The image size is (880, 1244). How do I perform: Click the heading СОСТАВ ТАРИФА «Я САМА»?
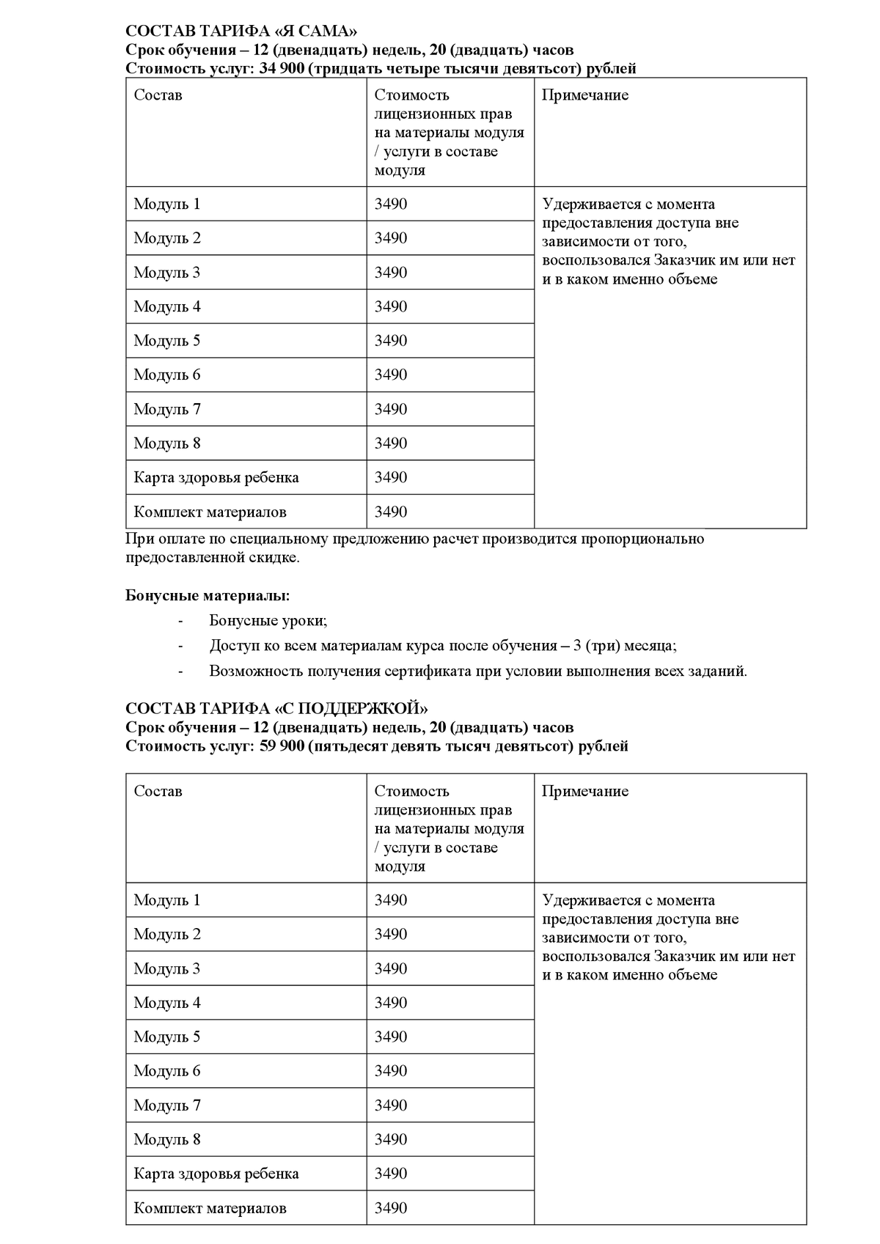[x=242, y=31]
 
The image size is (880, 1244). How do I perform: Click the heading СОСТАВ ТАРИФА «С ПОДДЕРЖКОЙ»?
[x=276, y=708]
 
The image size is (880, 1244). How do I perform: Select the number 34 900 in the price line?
[x=282, y=69]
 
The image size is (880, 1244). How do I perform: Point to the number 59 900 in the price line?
[x=282, y=746]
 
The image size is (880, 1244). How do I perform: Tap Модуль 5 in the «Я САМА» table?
[x=166, y=341]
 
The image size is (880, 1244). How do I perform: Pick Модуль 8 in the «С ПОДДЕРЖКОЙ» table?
[x=166, y=1139]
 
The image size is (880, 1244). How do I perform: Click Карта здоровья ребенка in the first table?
[x=216, y=477]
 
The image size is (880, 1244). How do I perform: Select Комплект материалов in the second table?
[x=210, y=1207]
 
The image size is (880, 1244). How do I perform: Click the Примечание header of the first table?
[x=584, y=95]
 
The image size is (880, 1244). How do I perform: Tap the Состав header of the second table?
[x=158, y=791]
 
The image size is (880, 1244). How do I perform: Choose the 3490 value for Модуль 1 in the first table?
[x=390, y=204]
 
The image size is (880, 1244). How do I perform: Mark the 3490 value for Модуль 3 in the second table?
[x=390, y=968]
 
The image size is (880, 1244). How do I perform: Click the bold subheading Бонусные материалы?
[x=208, y=595]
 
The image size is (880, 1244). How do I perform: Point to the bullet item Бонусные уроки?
[x=268, y=620]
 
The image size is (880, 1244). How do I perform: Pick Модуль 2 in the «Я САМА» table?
[x=166, y=238]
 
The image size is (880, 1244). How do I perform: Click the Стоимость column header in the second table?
[x=411, y=791]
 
